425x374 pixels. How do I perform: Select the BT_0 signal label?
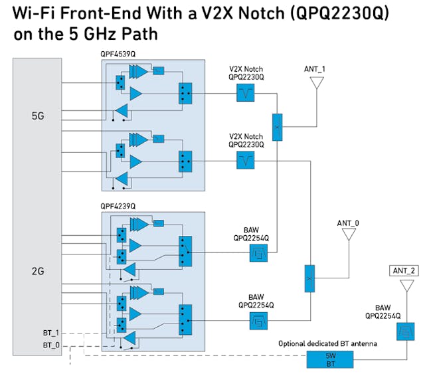point(52,345)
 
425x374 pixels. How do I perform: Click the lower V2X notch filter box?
point(246,160)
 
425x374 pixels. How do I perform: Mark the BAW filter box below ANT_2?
point(404,331)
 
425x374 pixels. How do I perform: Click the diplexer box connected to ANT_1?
point(277,126)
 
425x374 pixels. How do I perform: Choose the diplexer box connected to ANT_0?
point(309,278)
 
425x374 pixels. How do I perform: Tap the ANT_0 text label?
point(348,223)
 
